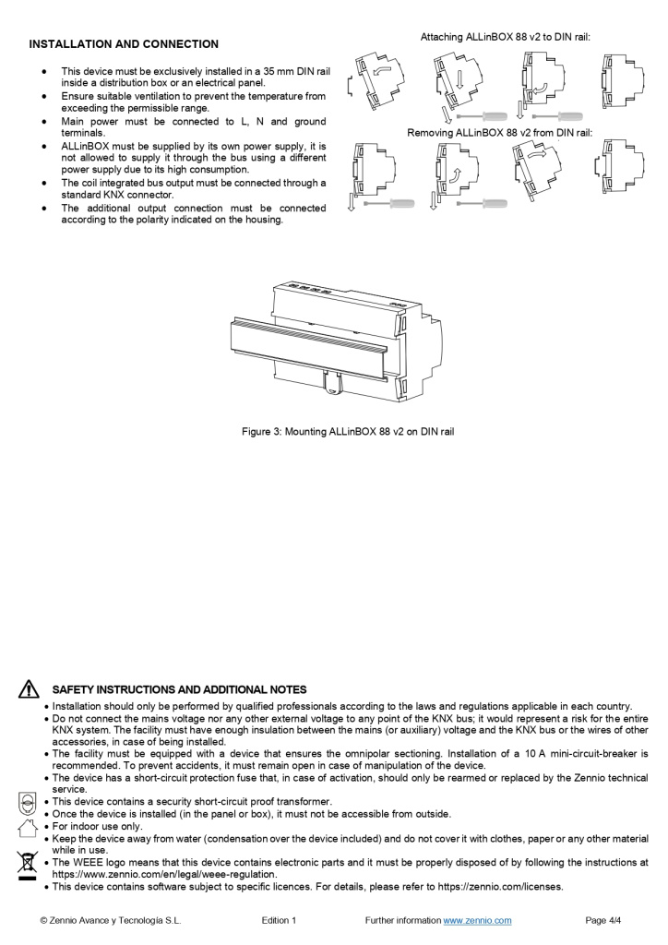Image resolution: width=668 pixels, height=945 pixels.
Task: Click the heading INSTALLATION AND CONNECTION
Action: click(x=124, y=44)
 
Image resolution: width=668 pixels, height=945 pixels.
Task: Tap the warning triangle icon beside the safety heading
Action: click(x=30, y=689)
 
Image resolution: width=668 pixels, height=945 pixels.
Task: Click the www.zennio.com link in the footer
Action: click(x=477, y=920)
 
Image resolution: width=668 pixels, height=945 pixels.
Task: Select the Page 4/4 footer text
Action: click(x=603, y=920)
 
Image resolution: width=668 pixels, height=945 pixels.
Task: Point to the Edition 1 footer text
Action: click(x=280, y=920)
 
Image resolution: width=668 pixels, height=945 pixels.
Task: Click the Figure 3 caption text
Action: click(x=348, y=431)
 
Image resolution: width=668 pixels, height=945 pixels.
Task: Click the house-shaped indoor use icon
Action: click(x=28, y=826)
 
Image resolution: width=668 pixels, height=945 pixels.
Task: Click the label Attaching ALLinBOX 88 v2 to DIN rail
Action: click(x=505, y=38)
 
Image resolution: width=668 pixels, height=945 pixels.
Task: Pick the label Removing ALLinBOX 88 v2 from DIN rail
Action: click(x=499, y=133)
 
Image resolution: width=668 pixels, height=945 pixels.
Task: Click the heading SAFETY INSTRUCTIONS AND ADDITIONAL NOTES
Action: click(x=179, y=689)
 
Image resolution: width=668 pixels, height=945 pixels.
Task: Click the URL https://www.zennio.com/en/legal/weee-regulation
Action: click(x=164, y=875)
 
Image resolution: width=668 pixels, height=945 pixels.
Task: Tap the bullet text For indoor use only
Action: click(x=97, y=826)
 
